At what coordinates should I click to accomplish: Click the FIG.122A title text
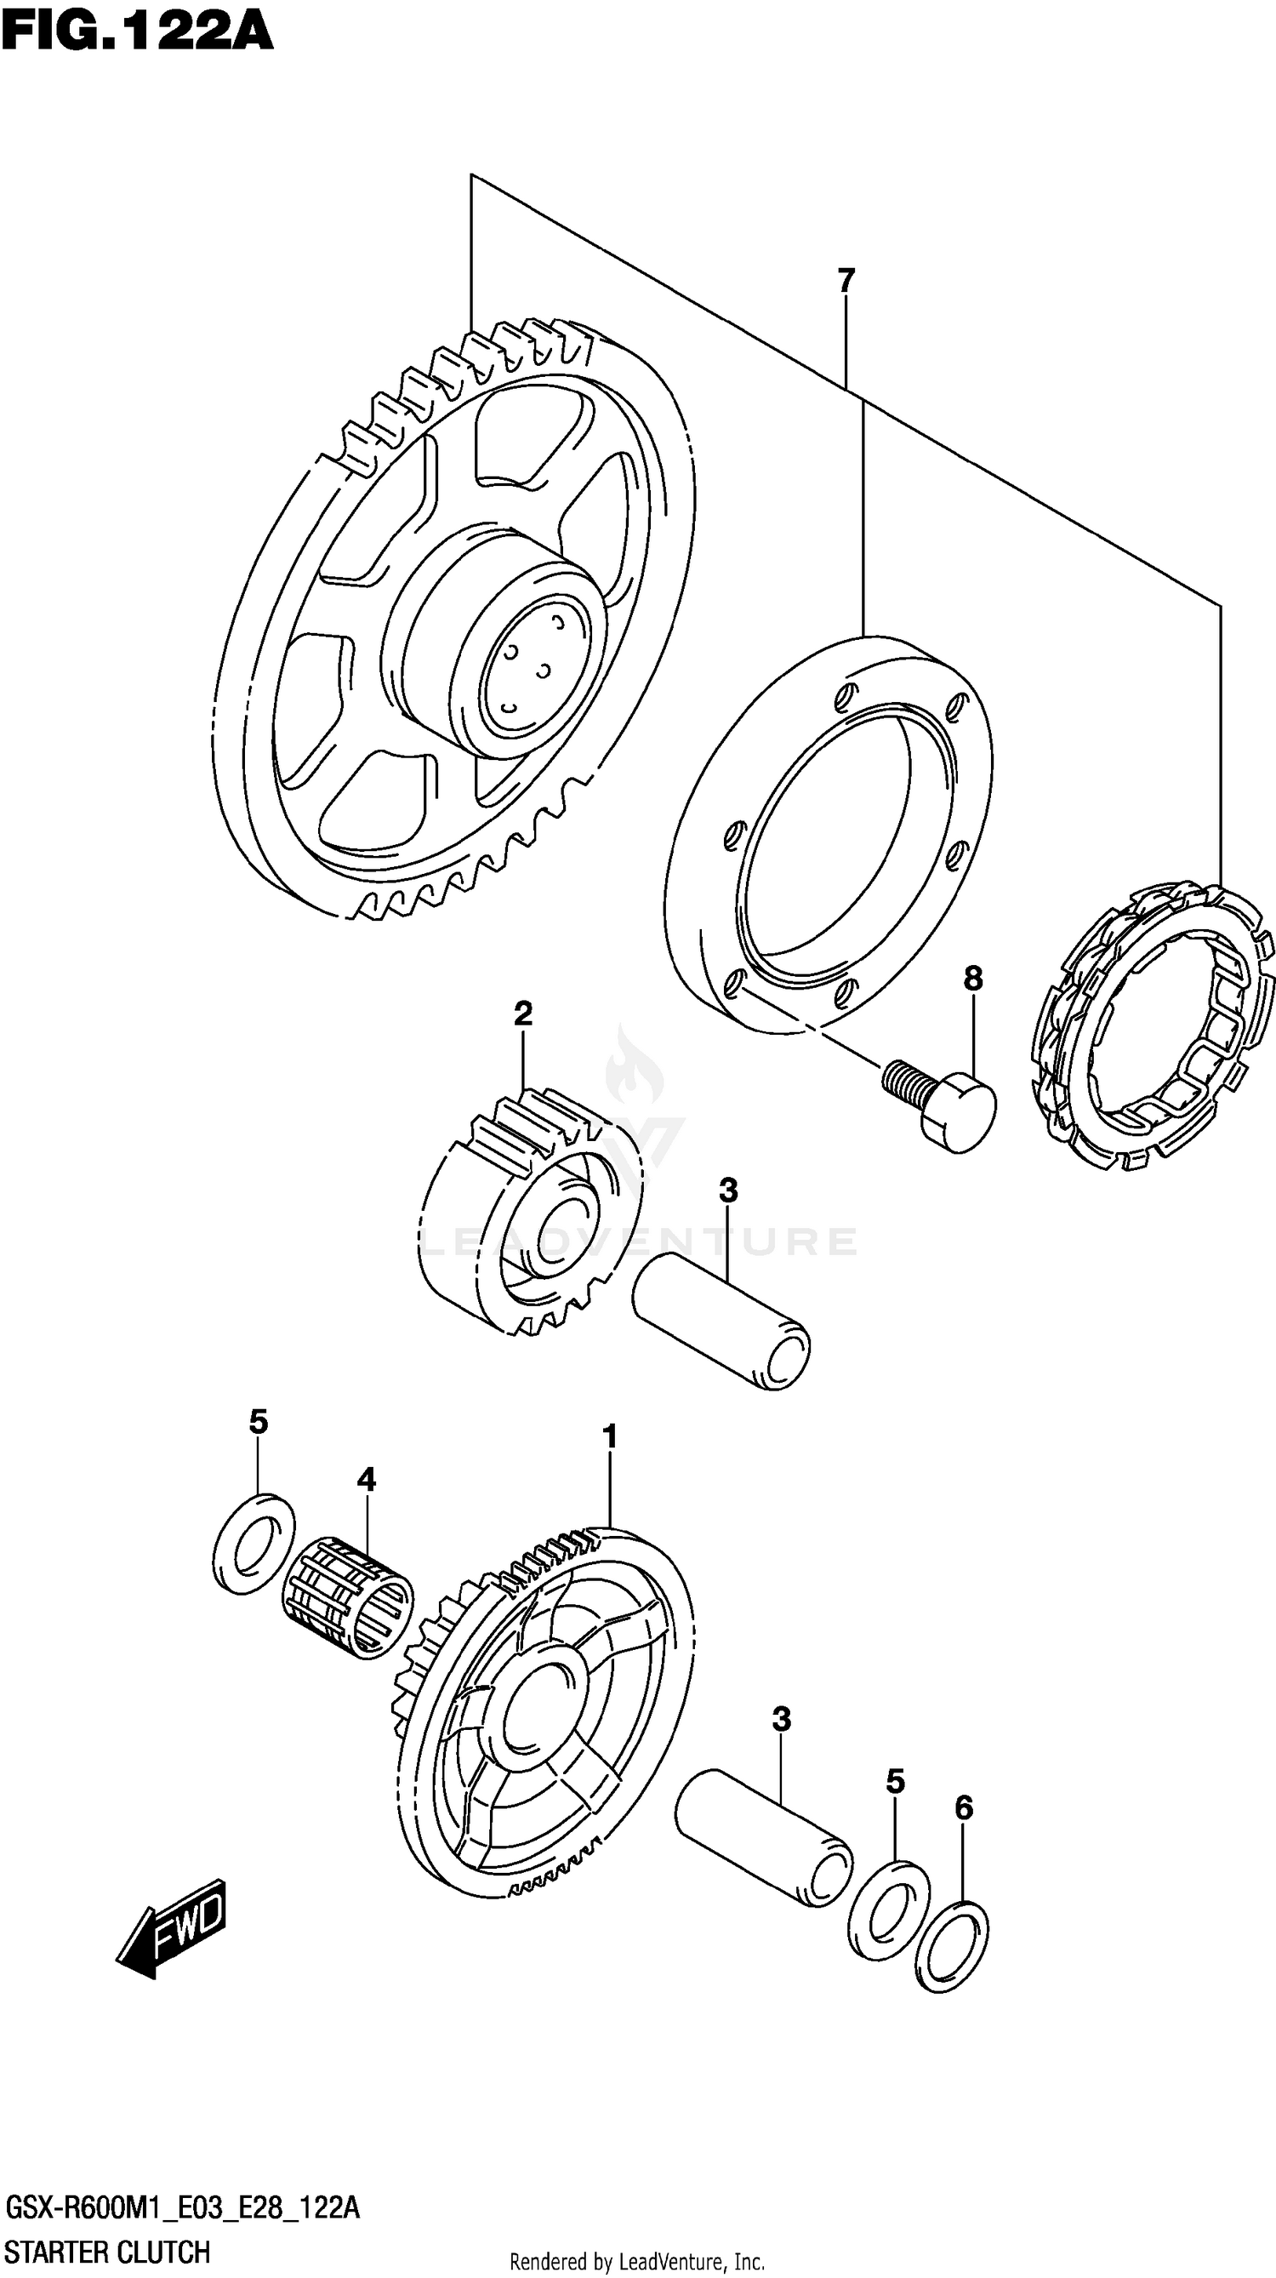coord(137,32)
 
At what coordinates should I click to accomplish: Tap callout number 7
coord(846,280)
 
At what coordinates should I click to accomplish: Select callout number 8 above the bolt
coord(972,978)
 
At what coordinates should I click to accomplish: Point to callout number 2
coord(522,1013)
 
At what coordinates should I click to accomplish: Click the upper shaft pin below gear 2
coord(721,1323)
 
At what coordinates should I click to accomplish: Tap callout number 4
coord(366,1479)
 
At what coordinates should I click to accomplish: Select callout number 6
coord(964,1807)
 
